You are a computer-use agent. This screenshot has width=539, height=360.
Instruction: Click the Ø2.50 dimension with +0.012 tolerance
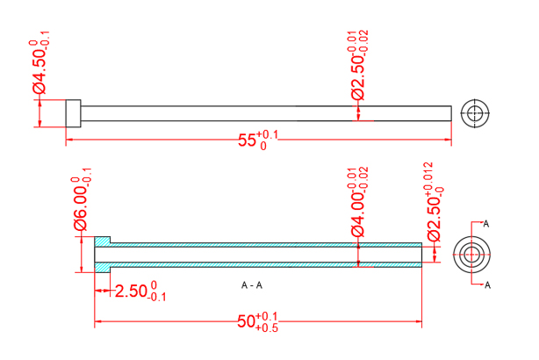click(x=434, y=215)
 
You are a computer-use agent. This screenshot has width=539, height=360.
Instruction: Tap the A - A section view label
click(x=251, y=285)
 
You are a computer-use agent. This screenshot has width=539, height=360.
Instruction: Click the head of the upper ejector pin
click(x=73, y=113)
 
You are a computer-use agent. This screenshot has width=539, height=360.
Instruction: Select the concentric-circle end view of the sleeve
click(x=471, y=254)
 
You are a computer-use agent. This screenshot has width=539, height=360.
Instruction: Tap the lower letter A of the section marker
click(x=487, y=284)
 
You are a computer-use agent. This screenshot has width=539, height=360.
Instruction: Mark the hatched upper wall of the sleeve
click(x=263, y=243)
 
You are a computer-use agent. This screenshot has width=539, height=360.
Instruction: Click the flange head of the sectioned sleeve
click(x=103, y=254)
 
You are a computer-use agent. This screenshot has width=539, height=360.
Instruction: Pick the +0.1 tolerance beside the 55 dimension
click(x=269, y=134)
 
